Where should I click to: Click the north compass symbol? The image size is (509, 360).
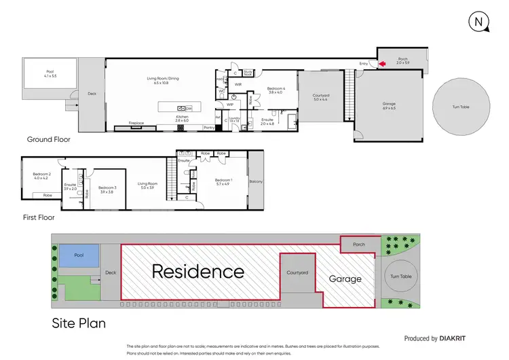click(480, 22)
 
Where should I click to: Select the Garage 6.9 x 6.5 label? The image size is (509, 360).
click(388, 107)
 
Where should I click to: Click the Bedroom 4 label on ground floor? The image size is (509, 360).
click(276, 90)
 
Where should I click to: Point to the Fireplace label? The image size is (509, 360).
click(136, 123)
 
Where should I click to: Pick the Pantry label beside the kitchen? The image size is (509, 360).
click(209, 127)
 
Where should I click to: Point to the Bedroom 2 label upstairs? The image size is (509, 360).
click(43, 175)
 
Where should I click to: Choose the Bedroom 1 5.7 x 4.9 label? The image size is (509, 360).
click(223, 181)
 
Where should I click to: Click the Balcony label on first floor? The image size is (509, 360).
click(257, 181)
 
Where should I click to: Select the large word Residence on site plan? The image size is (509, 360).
click(197, 272)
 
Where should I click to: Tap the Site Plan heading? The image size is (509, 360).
click(79, 323)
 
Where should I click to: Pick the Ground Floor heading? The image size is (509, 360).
click(48, 139)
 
